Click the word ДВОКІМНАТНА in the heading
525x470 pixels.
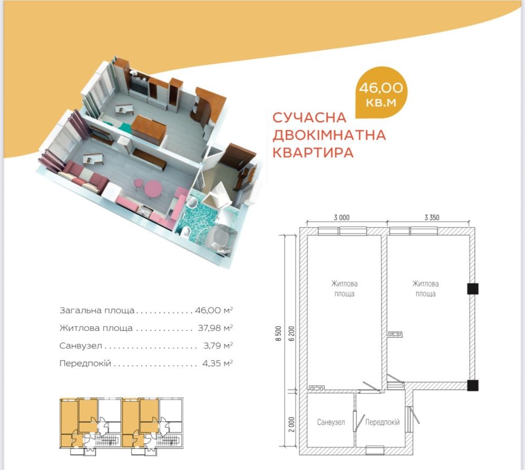pos(329,135)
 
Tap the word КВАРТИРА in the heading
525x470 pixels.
pos(313,152)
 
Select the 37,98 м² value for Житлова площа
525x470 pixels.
pos(215,328)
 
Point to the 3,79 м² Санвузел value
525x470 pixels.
pos(218,345)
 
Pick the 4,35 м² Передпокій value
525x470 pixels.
pos(218,363)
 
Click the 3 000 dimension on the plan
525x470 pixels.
pos(342,218)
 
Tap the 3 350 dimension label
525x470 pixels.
pos(432,218)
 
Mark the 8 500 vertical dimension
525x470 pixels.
pos(278,334)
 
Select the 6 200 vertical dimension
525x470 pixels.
pos(291,334)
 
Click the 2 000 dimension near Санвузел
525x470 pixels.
pos(291,424)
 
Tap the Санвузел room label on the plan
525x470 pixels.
pos(331,422)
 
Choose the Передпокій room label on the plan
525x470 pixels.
pos(382,422)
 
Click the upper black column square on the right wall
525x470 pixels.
pos(472,289)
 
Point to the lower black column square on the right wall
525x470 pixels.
pos(472,386)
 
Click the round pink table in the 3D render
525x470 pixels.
pos(153,188)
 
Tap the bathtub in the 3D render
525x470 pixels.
pos(218,239)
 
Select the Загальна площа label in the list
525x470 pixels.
pos(97,311)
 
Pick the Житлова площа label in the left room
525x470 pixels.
pos(344,289)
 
